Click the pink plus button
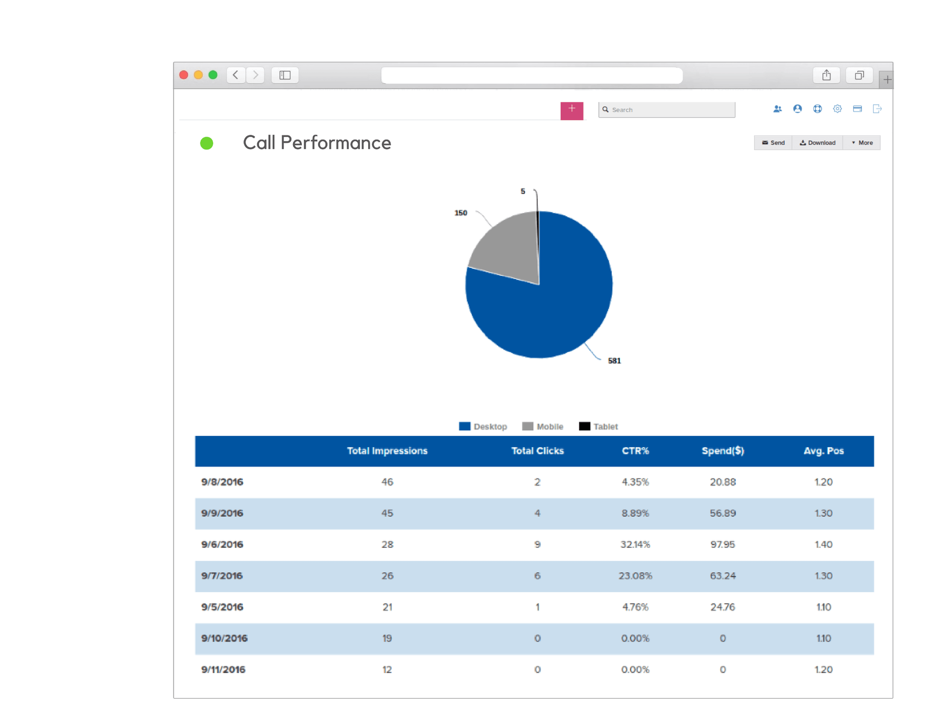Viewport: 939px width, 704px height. click(571, 111)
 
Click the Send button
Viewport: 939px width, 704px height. click(773, 143)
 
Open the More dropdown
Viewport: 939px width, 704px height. click(862, 143)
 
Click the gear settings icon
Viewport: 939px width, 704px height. click(837, 109)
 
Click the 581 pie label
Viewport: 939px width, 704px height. click(614, 361)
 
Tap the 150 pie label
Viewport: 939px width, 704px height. click(461, 213)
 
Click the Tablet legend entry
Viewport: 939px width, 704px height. click(599, 427)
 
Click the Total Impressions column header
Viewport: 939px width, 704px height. click(387, 451)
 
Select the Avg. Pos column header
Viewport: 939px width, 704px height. click(824, 451)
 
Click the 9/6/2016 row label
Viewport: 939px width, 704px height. click(222, 544)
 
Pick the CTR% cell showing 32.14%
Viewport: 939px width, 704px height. click(635, 544)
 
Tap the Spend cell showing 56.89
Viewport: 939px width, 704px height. click(723, 513)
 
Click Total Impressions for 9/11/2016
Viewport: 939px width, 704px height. click(387, 670)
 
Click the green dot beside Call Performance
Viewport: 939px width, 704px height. click(207, 143)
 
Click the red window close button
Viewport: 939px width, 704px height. click(184, 75)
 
